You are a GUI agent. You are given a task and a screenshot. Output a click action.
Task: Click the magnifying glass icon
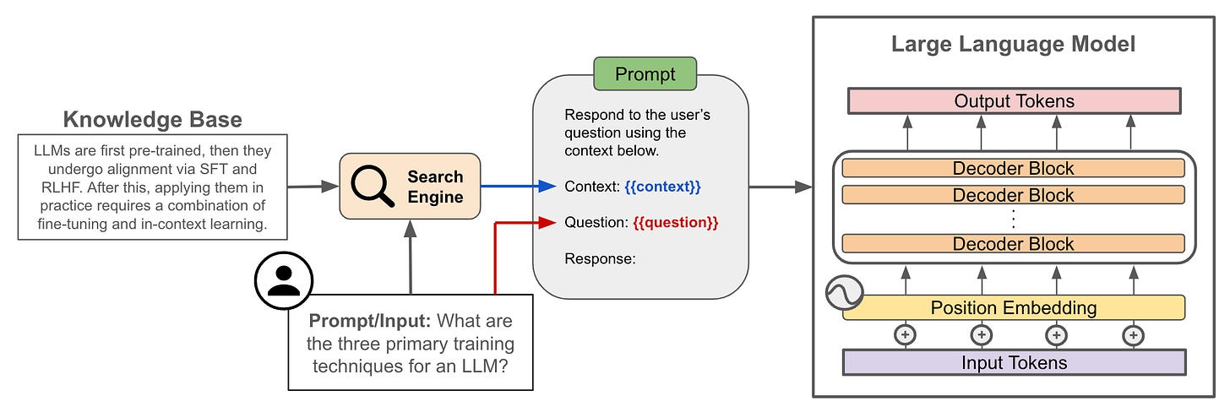coord(373,186)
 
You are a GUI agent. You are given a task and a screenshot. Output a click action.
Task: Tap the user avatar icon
coord(284,280)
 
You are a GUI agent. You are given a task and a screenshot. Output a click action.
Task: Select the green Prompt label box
coord(645,74)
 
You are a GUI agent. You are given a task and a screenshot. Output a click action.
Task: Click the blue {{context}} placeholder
coord(663,187)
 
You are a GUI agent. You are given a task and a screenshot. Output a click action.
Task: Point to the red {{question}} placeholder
coord(676,222)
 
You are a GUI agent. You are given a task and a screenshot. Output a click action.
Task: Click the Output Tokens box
coord(1015,101)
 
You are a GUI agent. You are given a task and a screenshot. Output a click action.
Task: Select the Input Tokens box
coord(1015,363)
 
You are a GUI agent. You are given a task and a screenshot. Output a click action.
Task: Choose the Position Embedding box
coord(1014,308)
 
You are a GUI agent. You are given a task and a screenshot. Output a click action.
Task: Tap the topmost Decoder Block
coord(1013,168)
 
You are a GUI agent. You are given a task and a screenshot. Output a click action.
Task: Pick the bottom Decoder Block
coord(1013,244)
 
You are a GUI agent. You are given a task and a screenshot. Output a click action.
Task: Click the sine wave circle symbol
coord(845,292)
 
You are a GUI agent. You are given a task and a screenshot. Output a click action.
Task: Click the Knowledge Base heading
coord(153,119)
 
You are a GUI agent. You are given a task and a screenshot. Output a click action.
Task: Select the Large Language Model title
coord(1013,44)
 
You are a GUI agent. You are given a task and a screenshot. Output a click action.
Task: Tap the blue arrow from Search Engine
coord(519,187)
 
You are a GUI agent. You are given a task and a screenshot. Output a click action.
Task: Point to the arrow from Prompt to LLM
coord(781,187)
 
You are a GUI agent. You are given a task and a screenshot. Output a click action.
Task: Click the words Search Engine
coord(435,187)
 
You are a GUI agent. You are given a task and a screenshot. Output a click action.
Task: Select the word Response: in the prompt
coord(600,258)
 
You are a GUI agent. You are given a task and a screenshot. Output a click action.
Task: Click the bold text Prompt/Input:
coord(370,320)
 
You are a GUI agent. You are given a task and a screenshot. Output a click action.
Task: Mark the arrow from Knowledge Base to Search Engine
coord(313,187)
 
